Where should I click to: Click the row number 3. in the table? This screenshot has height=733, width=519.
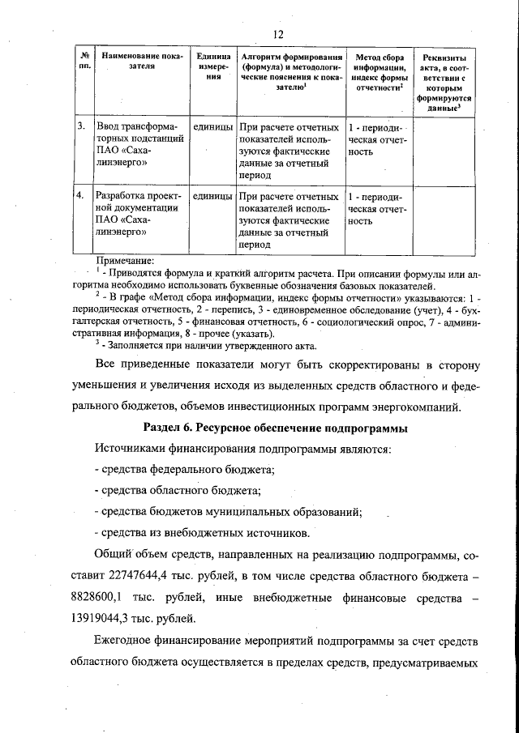(81, 128)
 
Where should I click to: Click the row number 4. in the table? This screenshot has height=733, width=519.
(81, 197)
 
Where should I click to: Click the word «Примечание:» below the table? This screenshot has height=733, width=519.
(124, 259)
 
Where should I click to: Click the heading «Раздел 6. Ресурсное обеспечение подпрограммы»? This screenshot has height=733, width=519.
(275, 426)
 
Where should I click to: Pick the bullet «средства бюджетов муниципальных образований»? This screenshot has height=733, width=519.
(228, 512)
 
